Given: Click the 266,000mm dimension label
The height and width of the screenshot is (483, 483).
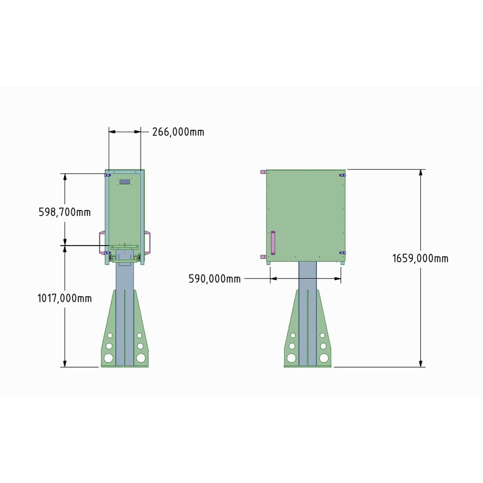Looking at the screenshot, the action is (178, 132).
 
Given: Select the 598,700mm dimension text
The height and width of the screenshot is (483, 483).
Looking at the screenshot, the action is (65, 213).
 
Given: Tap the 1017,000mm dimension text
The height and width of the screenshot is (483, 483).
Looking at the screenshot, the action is (65, 298).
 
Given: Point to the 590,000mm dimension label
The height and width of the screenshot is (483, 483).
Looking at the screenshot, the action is (214, 279).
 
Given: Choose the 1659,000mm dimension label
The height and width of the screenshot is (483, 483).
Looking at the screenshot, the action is (420, 258).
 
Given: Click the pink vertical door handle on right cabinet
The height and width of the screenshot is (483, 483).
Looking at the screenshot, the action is (273, 243).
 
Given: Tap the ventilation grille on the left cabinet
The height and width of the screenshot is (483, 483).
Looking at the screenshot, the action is (125, 182).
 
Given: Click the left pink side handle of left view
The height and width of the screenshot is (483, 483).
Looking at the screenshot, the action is (102, 243).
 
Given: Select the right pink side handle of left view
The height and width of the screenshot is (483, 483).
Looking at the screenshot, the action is (147, 243).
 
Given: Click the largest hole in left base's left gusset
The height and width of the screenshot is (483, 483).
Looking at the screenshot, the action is (109, 358).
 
